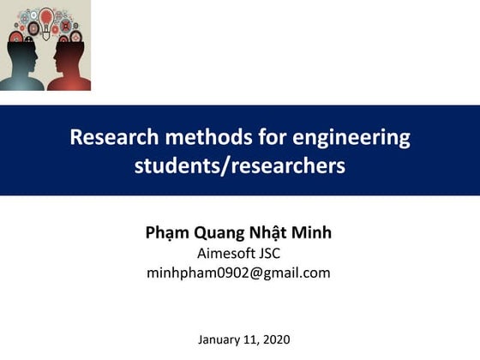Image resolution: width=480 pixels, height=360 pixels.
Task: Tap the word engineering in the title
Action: pos(351,137)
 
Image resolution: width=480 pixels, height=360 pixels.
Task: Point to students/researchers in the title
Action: pos(240,165)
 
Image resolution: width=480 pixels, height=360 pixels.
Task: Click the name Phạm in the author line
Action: pos(166,234)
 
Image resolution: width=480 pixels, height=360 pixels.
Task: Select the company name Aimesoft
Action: pos(226,254)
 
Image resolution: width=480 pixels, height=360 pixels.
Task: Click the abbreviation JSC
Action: pos(268,254)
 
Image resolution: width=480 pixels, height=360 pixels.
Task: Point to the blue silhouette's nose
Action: pos(39,52)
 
